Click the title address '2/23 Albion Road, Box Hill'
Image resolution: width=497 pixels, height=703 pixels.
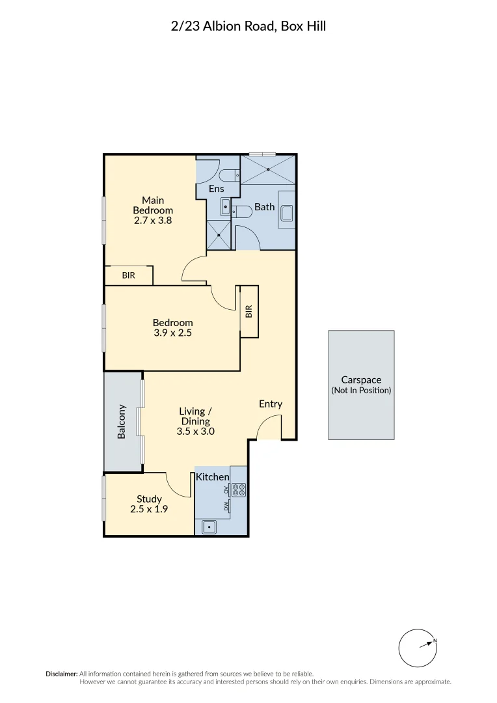tap(248, 27)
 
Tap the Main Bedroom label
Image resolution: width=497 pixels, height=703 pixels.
tap(153, 205)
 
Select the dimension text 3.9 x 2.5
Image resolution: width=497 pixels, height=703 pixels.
tap(172, 333)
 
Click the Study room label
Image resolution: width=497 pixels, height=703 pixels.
tap(149, 499)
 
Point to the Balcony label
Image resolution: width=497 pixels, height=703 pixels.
tap(122, 421)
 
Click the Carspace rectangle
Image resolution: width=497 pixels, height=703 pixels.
tap(361, 385)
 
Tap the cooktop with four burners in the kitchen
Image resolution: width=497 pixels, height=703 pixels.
tap(238, 489)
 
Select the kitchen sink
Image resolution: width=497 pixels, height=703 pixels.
tap(209, 527)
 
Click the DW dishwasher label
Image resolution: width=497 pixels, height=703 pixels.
tap(226, 506)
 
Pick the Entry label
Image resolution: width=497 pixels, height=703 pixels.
tap(271, 404)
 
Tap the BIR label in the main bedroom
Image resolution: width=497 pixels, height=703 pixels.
tap(129, 275)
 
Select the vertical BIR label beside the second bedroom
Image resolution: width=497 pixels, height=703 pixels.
tap(249, 311)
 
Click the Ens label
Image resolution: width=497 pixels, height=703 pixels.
tap(217, 189)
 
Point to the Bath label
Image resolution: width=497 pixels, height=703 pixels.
tap(264, 207)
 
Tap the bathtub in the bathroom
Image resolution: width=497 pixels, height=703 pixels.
tap(286, 210)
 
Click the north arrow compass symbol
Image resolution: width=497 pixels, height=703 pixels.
tap(418, 648)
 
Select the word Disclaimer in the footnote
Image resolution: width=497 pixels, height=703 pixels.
tap(61, 674)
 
